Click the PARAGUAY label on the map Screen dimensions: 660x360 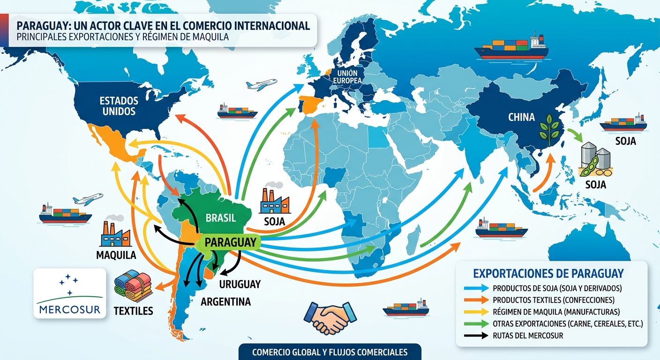[x=231, y=242]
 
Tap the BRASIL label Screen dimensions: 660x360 [x=220, y=217]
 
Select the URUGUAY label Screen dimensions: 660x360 [x=240, y=284]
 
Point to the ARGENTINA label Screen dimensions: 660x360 [x=225, y=301]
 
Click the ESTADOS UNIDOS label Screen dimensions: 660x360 [x=119, y=106]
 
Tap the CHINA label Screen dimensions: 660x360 [x=521, y=117]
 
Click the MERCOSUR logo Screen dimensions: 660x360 [x=70, y=293]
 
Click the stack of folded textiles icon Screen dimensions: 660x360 [x=133, y=286]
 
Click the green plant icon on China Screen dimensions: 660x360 [x=549, y=128]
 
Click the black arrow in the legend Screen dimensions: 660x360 [x=474, y=335]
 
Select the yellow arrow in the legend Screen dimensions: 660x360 [x=474, y=311]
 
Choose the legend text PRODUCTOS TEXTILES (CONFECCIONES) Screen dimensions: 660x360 [x=554, y=300]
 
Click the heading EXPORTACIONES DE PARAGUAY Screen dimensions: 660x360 [x=548, y=273]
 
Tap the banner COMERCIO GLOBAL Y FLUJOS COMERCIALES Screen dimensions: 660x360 [x=330, y=352]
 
